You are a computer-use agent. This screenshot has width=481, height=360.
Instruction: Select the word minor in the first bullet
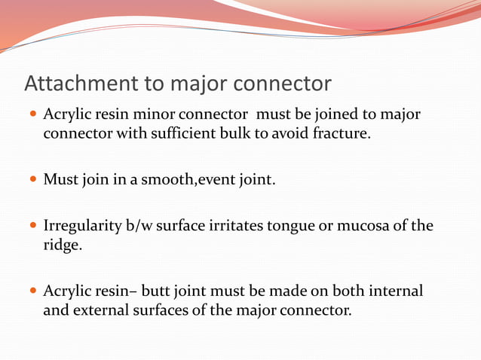point(158,115)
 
